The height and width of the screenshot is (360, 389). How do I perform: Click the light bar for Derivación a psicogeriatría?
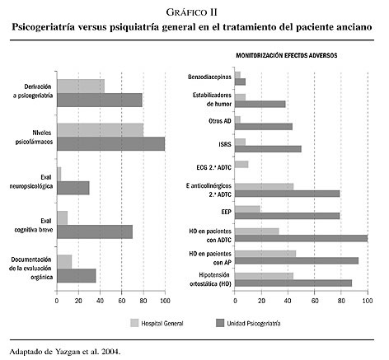[81, 86]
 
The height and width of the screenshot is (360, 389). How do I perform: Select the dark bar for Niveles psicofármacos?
[111, 143]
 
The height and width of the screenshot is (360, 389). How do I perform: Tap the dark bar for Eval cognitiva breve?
[95, 231]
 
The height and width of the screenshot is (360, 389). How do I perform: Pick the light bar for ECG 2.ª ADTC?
[241, 164]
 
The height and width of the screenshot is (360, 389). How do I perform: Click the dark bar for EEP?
[288, 216]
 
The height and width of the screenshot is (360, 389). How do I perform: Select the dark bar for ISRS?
[268, 149]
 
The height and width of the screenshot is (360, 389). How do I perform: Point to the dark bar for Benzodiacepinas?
[240, 82]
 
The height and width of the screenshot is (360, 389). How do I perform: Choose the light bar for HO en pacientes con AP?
[265, 254]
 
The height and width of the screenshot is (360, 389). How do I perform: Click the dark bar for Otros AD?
[264, 127]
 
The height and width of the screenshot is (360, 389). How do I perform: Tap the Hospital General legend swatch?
[134, 323]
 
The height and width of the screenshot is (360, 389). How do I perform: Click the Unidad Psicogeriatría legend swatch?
[220, 323]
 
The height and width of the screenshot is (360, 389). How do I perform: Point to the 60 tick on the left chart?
[122, 301]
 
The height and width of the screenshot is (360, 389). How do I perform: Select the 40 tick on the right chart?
[288, 301]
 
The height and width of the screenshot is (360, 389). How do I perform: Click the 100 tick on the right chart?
[368, 301]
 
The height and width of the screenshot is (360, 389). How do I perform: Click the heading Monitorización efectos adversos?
[287, 55]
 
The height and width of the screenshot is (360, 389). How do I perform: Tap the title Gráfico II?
[192, 12]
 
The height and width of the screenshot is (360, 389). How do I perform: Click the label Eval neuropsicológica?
[30, 181]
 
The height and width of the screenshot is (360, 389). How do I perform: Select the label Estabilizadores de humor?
[212, 100]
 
